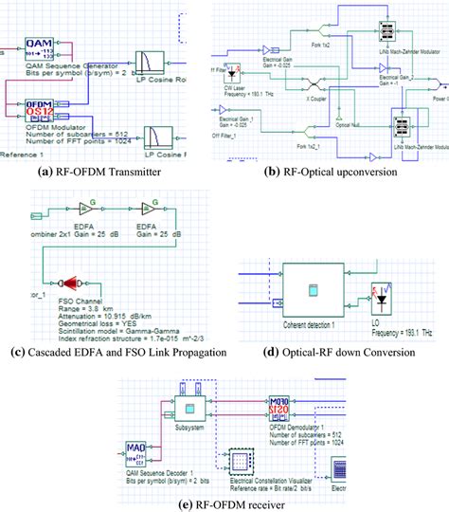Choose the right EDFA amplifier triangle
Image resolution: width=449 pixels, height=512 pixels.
151,209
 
